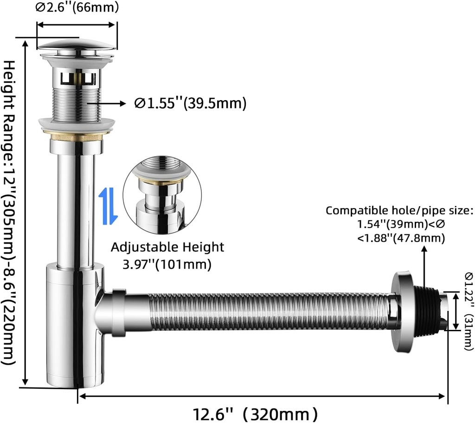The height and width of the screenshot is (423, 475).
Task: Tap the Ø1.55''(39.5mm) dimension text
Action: [x=190, y=103]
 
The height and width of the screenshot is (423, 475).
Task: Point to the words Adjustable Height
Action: [x=167, y=247]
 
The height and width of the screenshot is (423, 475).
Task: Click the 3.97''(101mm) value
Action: [x=167, y=265]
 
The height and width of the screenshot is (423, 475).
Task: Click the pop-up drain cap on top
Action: [x=77, y=46]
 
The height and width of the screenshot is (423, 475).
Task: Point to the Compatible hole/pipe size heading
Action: [x=399, y=210]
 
